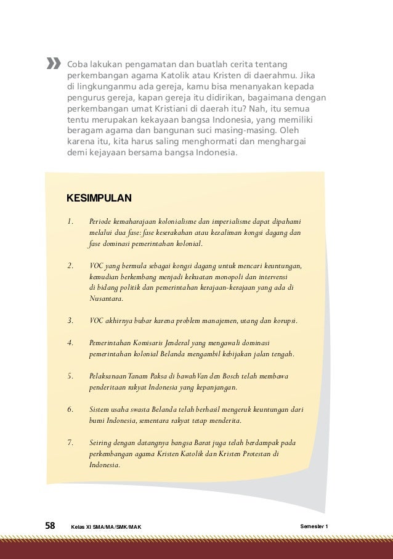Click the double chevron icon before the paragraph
click(54, 63)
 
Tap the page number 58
click(51, 526)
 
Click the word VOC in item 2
click(96, 266)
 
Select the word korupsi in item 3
click(284, 321)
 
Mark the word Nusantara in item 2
click(105, 299)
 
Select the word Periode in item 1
click(100, 221)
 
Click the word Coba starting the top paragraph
click(76, 63)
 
